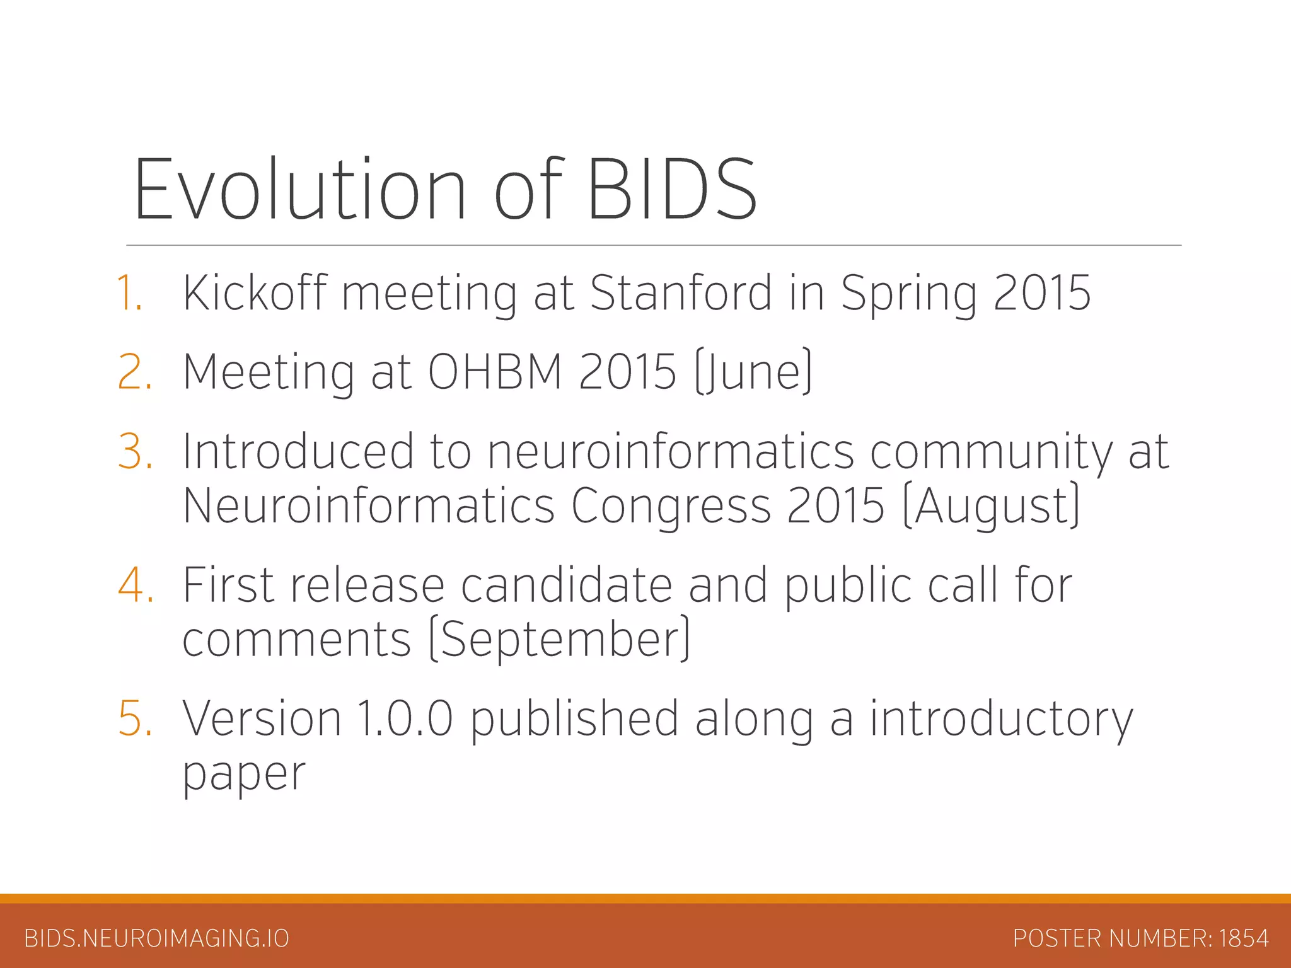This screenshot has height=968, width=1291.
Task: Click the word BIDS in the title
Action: click(672, 189)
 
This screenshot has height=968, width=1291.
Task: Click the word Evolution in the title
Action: click(300, 189)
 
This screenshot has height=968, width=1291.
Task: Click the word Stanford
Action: click(681, 293)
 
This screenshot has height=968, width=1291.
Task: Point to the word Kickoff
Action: click(255, 293)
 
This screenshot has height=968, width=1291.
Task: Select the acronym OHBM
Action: click(495, 372)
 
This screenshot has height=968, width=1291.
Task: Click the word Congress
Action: click(671, 506)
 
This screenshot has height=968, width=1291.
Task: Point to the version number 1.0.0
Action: click(405, 718)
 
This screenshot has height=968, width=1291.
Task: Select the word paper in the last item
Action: click(244, 774)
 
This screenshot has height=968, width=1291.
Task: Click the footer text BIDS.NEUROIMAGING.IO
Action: click(156, 938)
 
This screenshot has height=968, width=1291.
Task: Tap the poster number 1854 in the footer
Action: click(1244, 938)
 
